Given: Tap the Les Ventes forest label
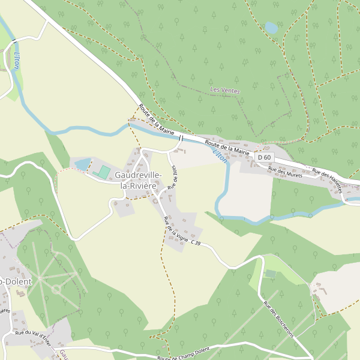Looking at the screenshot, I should coord(225,91).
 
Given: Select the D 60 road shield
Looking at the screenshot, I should coord(263,157).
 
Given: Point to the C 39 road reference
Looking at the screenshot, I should coord(196,243).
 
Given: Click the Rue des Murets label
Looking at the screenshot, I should coord(285,172).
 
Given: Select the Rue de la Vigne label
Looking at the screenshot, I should coord(176,231).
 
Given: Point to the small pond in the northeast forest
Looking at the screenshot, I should coord(271,28).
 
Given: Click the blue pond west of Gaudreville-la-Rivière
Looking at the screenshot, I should coord(82,164).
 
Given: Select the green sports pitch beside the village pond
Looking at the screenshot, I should coord(103,172).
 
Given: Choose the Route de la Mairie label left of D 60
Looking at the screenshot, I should coord(226,148).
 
